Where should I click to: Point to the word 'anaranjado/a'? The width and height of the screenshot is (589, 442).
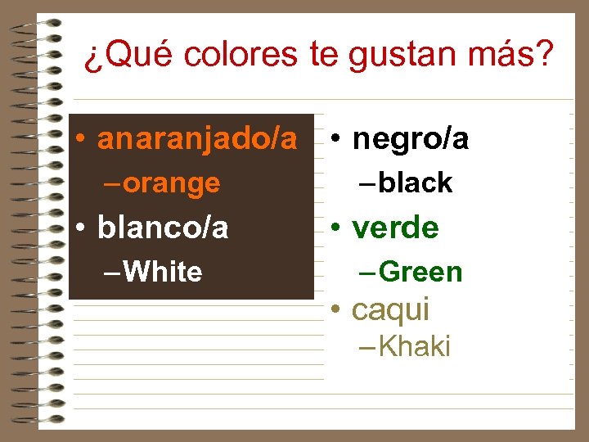(x=197, y=140)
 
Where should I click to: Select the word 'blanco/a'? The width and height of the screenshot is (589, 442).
(x=163, y=228)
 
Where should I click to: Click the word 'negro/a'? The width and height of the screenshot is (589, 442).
(x=411, y=140)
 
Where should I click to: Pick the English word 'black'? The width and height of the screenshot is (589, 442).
(x=416, y=183)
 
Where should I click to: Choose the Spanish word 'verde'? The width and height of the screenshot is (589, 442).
(x=396, y=228)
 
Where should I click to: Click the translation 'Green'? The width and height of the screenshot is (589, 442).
(x=421, y=272)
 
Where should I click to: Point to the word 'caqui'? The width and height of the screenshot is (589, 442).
(x=390, y=309)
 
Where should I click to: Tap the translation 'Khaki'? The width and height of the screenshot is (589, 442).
(x=415, y=347)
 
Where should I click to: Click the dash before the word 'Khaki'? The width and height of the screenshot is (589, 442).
(x=366, y=347)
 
